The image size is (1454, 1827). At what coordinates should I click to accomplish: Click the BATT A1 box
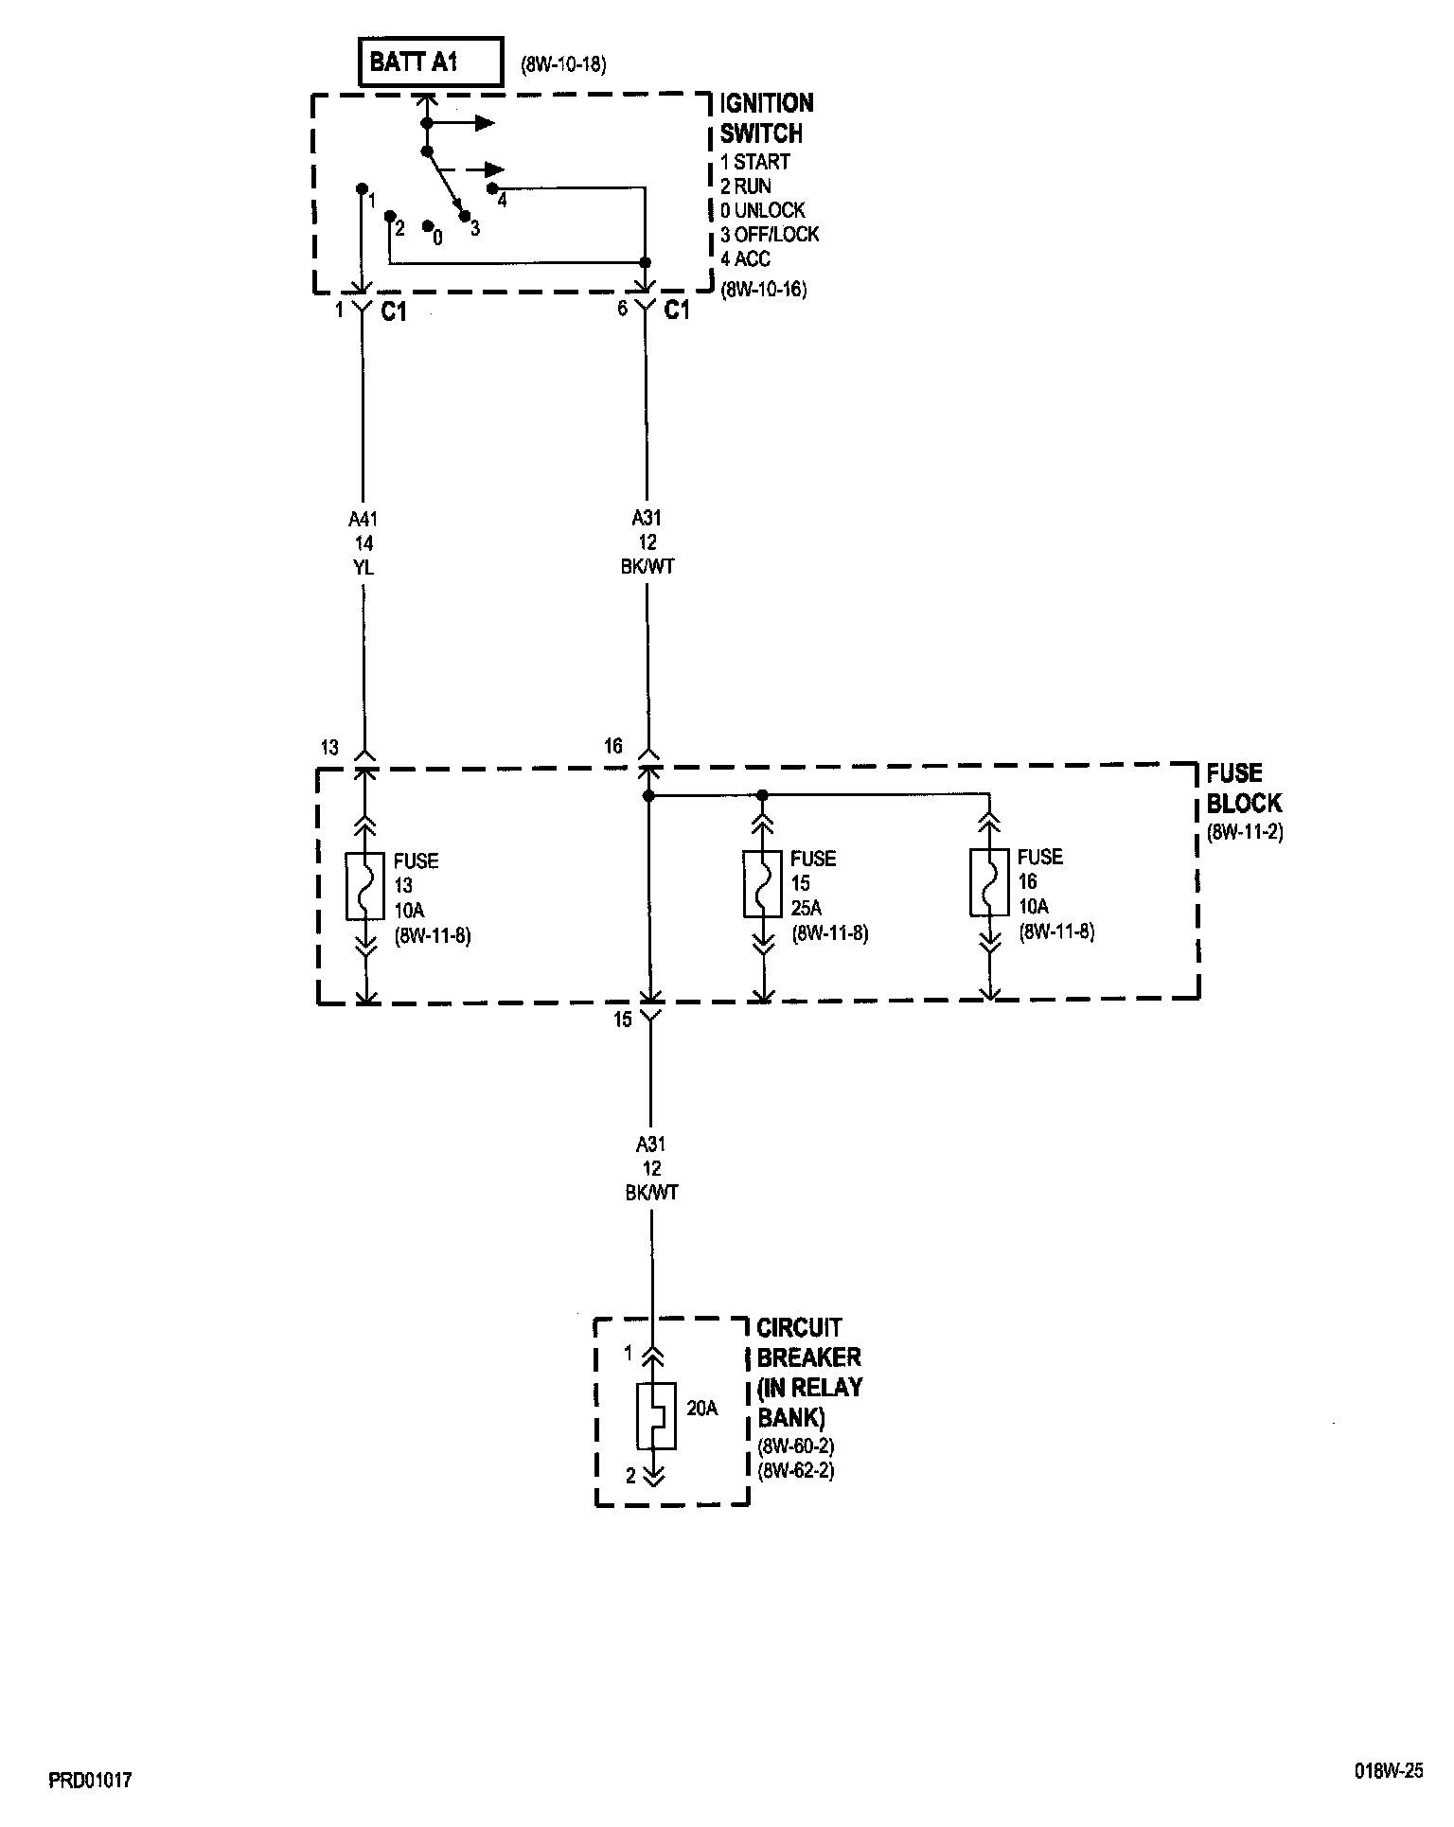tap(431, 63)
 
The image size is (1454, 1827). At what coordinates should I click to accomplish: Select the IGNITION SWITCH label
tap(766, 117)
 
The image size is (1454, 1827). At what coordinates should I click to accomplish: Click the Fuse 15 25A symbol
tap(763, 883)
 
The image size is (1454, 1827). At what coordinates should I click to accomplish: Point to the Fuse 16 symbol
tap(989, 882)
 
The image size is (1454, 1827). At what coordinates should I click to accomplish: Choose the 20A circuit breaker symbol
tap(655, 1415)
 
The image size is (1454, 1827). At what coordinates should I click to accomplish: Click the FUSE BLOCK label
tap(1243, 789)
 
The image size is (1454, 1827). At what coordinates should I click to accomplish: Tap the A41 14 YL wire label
tap(363, 542)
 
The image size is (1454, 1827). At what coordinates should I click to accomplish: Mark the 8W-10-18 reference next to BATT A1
tap(563, 65)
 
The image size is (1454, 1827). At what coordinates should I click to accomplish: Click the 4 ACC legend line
tap(746, 258)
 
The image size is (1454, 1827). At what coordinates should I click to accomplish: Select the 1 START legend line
tap(754, 162)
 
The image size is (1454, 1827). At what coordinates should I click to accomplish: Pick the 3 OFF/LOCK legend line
tap(770, 234)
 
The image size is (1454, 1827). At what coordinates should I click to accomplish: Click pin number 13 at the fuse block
tap(328, 748)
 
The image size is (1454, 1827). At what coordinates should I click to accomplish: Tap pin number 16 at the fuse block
tap(613, 746)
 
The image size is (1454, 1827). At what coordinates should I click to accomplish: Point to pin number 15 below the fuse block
tap(622, 1020)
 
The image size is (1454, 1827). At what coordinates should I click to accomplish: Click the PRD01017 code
tap(90, 1781)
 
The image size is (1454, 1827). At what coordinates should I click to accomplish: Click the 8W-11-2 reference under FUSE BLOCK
tap(1244, 833)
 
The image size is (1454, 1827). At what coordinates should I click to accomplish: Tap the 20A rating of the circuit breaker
tap(701, 1409)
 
